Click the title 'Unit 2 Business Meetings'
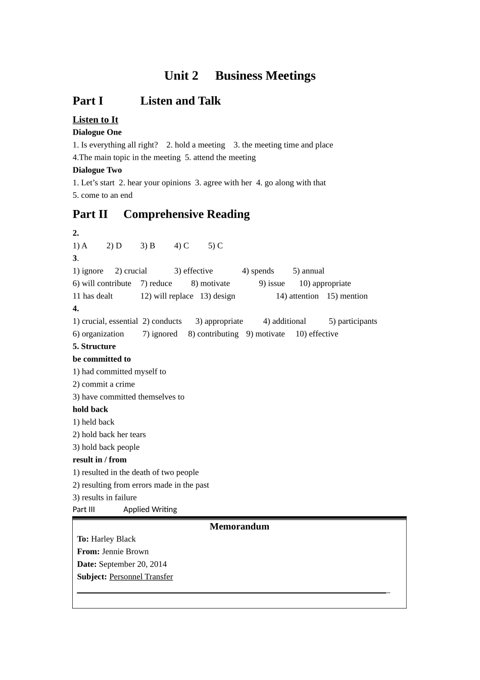pyautogui.click(x=239, y=76)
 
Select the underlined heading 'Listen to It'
pyautogui.click(x=95, y=120)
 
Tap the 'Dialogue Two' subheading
pyautogui.click(x=97, y=170)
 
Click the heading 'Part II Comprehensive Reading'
pyautogui.click(x=161, y=215)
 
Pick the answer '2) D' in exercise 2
pyautogui.click(x=114, y=246)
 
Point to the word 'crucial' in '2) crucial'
pyautogui.click(x=135, y=271)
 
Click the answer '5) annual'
pyautogui.click(x=308, y=271)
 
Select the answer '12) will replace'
pyautogui.click(x=167, y=296)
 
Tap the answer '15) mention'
pyautogui.click(x=347, y=296)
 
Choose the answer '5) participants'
pyautogui.click(x=353, y=321)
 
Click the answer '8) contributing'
pyautogui.click(x=213, y=334)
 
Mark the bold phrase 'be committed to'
pyautogui.click(x=102, y=359)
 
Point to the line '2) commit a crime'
pyautogui.click(x=104, y=385)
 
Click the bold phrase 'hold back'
pyautogui.click(x=90, y=409)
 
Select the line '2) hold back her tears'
pyautogui.click(x=109, y=435)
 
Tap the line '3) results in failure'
pyautogui.click(x=105, y=498)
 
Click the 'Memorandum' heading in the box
pyautogui.click(x=239, y=527)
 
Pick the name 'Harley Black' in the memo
pyautogui.click(x=113, y=539)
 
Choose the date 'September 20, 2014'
pyautogui.click(x=132, y=564)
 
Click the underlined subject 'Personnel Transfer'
pyautogui.click(x=141, y=577)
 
